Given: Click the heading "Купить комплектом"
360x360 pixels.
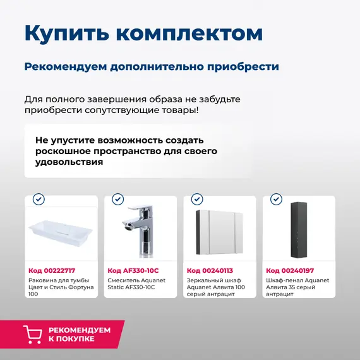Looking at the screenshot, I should point(143,34).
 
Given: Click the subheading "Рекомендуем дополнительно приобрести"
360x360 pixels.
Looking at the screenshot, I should point(152,66).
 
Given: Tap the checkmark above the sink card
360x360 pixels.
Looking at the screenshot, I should point(39,199).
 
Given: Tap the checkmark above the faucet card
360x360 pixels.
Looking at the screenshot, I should point(117,199).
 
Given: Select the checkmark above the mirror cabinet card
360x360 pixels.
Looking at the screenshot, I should point(196,199).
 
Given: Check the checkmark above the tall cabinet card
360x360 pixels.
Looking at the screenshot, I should point(275,199).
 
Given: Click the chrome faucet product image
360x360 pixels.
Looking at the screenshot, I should point(140,231).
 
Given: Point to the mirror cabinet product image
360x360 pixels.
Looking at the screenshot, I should point(219,231).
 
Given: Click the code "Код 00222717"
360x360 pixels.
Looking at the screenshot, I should point(52,270).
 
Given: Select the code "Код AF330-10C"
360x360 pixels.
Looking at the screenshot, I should point(133,270).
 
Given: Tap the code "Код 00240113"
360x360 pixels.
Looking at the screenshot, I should point(210,270).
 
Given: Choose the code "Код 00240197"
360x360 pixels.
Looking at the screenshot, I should point(289,270).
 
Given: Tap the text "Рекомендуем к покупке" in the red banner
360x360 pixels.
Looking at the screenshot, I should point(80,334).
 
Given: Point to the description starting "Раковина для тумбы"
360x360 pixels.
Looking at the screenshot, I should point(61,287).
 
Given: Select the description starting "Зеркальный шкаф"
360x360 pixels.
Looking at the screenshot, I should point(214,287).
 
